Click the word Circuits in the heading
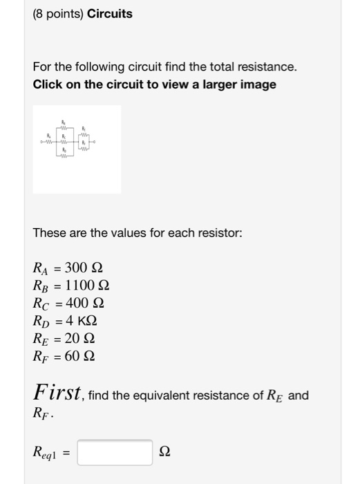click(x=110, y=14)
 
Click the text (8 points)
click(x=58, y=14)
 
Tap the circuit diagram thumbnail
click(x=77, y=149)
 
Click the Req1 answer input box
click(x=115, y=452)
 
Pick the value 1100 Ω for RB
click(x=87, y=286)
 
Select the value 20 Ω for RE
click(x=79, y=339)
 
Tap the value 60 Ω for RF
click(x=79, y=357)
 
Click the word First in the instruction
click(x=57, y=393)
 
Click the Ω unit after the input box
click(x=164, y=453)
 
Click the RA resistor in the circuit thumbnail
click(x=49, y=142)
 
